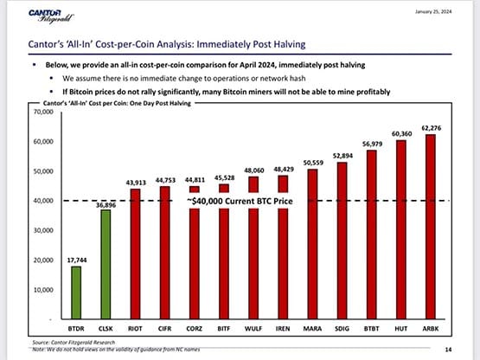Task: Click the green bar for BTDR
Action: click(x=76, y=292)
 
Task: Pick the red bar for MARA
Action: click(x=312, y=244)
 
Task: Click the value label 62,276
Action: click(x=430, y=128)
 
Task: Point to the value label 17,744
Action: click(x=76, y=259)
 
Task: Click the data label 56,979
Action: click(x=371, y=144)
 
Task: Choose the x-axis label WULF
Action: click(x=253, y=329)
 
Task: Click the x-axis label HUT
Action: click(x=400, y=329)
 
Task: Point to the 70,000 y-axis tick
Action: click(x=42, y=112)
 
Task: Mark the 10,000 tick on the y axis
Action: click(x=42, y=289)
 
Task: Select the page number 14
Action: click(x=447, y=349)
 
